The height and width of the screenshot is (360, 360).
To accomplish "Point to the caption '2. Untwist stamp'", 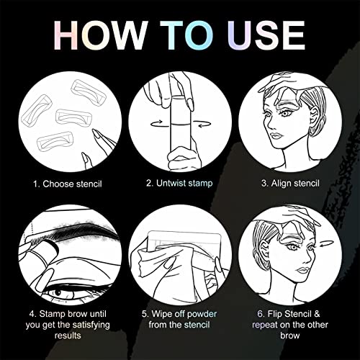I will [x=180, y=184].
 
